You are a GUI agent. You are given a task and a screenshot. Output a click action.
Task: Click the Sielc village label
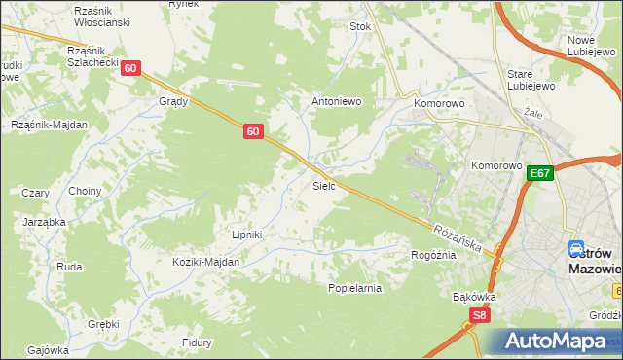point(324,185)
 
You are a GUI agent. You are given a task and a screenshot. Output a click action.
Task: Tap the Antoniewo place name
point(336,100)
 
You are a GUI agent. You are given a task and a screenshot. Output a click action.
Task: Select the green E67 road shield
point(541,173)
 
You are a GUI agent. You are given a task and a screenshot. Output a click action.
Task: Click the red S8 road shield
point(478,315)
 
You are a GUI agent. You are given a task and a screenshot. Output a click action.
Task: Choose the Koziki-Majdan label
point(205,262)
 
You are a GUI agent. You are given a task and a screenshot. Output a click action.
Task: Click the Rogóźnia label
point(433,255)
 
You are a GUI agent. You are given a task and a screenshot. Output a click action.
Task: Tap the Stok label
point(361,27)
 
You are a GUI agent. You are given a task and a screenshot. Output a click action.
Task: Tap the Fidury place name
point(198,342)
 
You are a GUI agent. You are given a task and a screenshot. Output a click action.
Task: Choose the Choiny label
point(85,191)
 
